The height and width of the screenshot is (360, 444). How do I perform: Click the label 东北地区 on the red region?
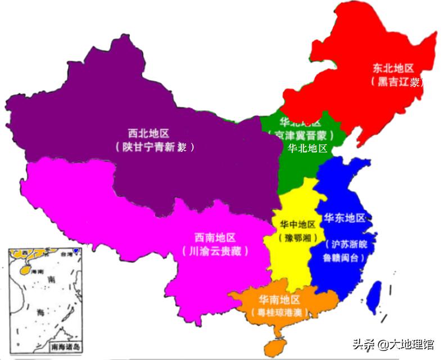(x=393, y=68)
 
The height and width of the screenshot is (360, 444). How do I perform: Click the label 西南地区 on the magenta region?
(x=215, y=237)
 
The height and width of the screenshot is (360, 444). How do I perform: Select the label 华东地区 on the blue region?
(x=345, y=218)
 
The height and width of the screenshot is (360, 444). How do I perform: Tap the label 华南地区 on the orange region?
(x=279, y=299)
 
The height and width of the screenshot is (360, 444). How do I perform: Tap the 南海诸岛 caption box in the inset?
(x=66, y=346)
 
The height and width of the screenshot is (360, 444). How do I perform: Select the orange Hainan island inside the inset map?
(x=25, y=269)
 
